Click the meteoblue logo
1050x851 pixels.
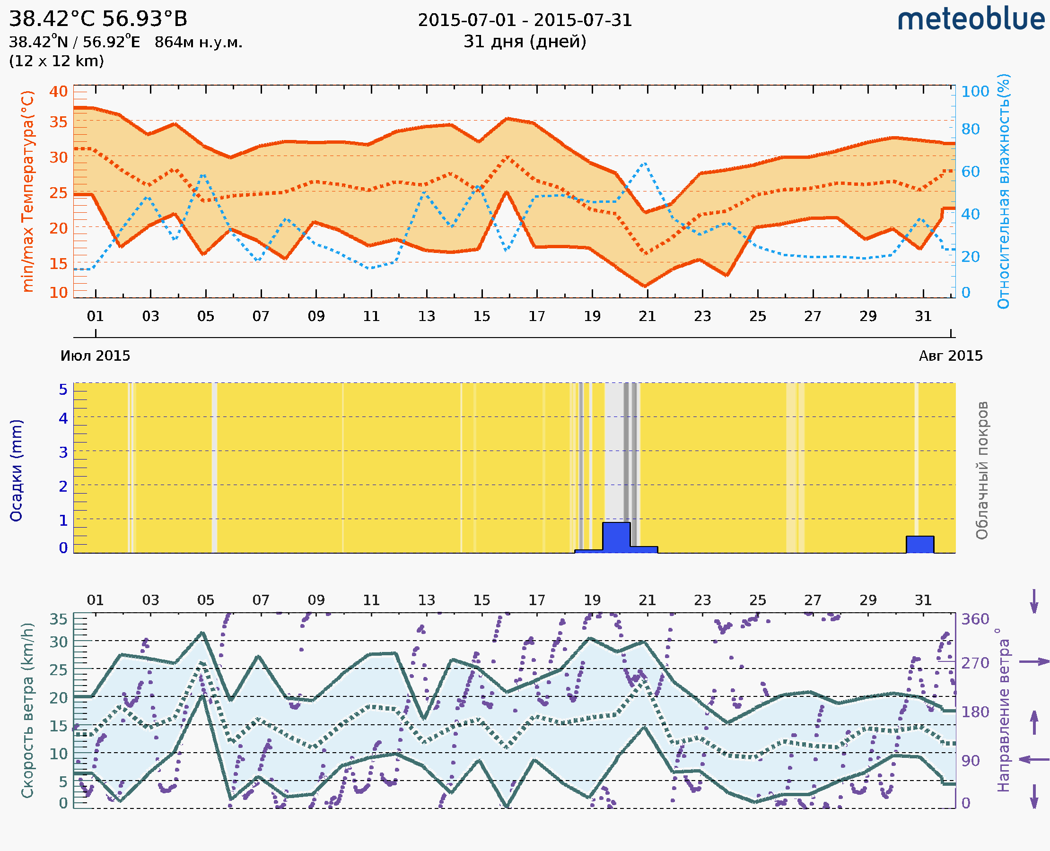[x=971, y=19]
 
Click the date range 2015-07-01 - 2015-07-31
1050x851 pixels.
[x=525, y=20]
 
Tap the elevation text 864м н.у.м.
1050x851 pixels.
[x=198, y=42]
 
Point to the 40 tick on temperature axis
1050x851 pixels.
[x=58, y=91]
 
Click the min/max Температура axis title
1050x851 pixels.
[x=28, y=191]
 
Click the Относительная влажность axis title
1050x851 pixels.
[x=1003, y=191]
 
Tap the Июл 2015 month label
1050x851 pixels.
[x=95, y=356]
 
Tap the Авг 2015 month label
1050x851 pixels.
[x=951, y=356]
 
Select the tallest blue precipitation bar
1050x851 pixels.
[x=616, y=537]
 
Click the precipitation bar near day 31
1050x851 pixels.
[x=919, y=544]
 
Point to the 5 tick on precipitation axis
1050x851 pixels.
[x=63, y=390]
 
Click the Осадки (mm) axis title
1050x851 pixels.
[x=16, y=470]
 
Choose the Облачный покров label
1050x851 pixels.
[x=981, y=470]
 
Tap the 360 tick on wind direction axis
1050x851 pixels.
[x=975, y=619]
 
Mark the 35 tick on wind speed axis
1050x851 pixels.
[x=58, y=619]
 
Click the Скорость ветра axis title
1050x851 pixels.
[x=27, y=710]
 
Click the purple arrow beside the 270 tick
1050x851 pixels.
[x=1034, y=662]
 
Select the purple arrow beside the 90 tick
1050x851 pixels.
[x=1034, y=759]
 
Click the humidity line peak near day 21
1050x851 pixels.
[x=644, y=163]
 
